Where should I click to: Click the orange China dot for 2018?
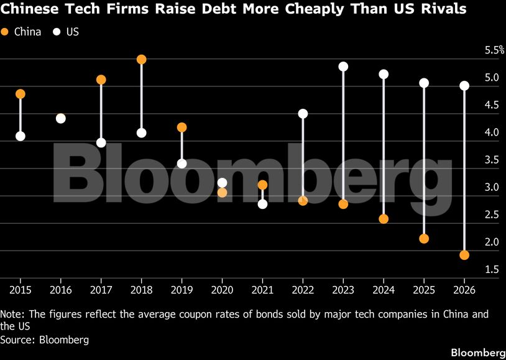pos(141,60)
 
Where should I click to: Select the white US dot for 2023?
pos(343,67)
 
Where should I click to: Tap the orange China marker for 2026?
pos(464,255)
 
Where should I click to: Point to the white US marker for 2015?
pos(21,136)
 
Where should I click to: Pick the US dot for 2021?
pos(263,204)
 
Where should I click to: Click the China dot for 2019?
pos(182,127)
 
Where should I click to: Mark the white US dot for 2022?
pos(303,114)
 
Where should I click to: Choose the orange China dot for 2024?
pos(384,219)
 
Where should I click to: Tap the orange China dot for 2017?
pos(101,80)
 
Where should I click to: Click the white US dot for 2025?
pos(424,83)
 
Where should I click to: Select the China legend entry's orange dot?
pos(5,32)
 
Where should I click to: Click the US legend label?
pos(73,32)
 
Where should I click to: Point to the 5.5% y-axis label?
pos(494,50)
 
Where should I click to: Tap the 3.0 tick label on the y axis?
pos(492,187)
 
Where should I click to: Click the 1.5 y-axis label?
pos(492,270)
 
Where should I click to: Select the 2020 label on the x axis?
pos(222,290)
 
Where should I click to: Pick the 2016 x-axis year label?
pos(61,290)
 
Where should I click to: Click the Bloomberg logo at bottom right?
pos(478,352)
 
